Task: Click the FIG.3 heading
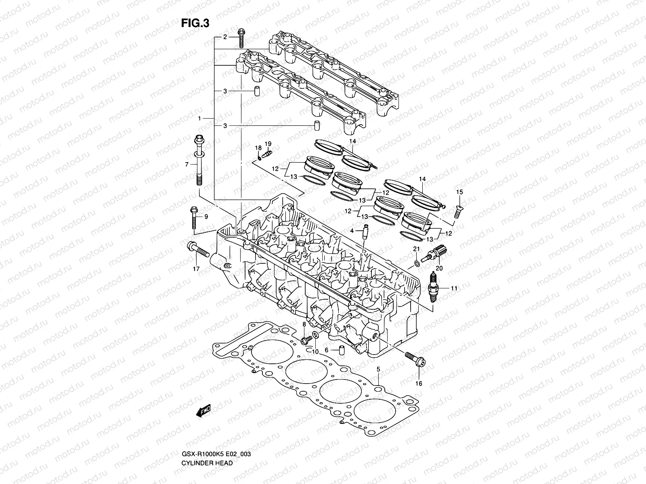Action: coord(195,23)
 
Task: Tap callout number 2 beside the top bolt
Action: coord(226,37)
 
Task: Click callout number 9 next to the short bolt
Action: coord(206,217)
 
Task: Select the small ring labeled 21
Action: coord(417,264)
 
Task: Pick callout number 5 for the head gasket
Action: coord(378,369)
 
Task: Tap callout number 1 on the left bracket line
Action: coord(199,119)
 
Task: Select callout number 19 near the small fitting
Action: coord(268,144)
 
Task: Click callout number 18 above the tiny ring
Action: coord(258,148)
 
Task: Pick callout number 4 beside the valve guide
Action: coord(352,230)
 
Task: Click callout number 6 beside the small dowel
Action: coord(326,350)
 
